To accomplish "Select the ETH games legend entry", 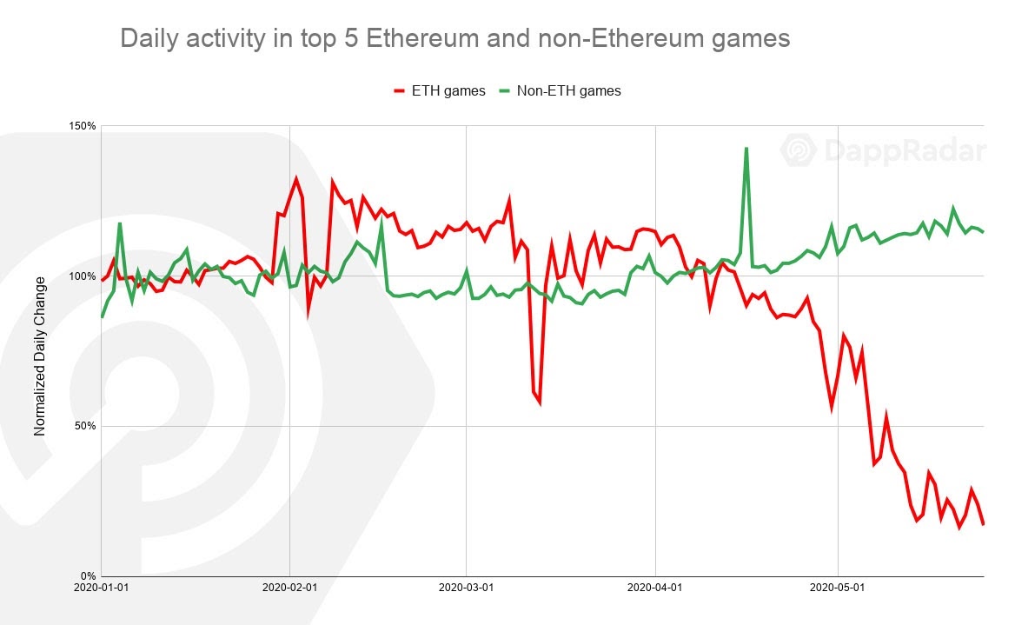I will coord(440,90).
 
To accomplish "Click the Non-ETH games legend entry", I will coord(560,90).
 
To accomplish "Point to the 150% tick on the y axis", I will coord(83,126).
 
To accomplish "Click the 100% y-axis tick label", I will coord(83,276).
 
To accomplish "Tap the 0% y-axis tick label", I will coord(88,576).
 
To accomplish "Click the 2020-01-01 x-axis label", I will coord(103,588).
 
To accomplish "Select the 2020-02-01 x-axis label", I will coord(289,588).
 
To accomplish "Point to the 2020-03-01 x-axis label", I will coord(467,588).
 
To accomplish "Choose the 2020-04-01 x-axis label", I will coord(654,588).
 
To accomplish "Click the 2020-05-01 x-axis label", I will coord(838,588).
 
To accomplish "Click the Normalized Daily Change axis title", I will coord(40,356).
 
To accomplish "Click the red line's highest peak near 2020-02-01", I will coord(296,178).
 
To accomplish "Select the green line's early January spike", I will coord(120,223).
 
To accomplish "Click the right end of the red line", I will coord(983,524).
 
